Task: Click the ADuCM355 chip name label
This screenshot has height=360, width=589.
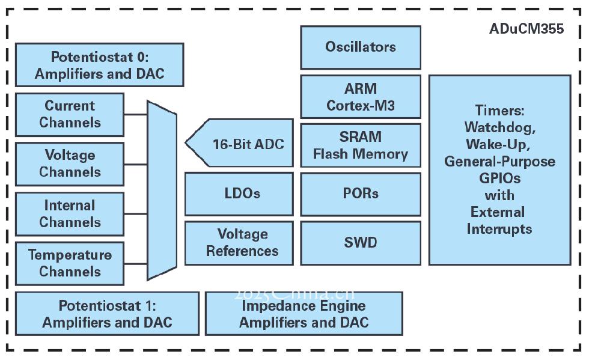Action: click(x=527, y=29)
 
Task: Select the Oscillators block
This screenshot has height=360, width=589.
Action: click(x=361, y=47)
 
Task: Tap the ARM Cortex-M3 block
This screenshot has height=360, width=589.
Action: click(x=361, y=97)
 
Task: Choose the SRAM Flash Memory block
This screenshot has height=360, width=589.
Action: click(x=361, y=145)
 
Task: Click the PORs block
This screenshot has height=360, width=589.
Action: click(x=361, y=194)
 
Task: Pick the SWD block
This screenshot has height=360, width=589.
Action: click(x=361, y=243)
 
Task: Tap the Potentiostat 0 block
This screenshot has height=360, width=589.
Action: click(x=99, y=65)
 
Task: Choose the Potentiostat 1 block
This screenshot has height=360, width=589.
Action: click(x=107, y=313)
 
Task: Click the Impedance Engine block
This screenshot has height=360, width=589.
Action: click(x=304, y=313)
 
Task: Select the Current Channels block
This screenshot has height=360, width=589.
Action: click(x=70, y=114)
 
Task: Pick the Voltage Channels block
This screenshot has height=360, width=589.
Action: click(x=70, y=163)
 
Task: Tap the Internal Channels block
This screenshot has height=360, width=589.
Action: click(x=70, y=213)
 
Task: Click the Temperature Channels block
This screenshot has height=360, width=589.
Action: click(x=70, y=263)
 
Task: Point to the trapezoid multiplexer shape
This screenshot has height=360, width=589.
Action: click(x=162, y=189)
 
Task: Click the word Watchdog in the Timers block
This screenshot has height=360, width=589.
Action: click(x=499, y=127)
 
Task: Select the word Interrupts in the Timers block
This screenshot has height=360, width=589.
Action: click(x=499, y=229)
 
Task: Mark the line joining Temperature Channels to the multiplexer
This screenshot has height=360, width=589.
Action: click(x=135, y=263)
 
